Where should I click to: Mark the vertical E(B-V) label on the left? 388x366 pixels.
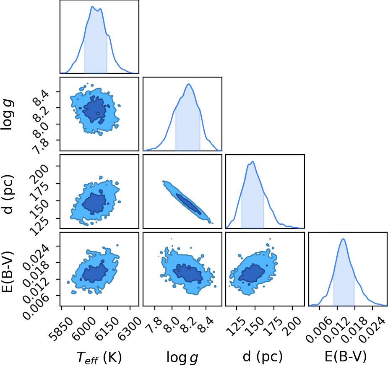tap(8, 271)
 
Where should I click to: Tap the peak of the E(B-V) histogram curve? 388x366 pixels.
tap(343, 239)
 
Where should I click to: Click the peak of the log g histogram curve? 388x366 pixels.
tap(189, 84)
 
